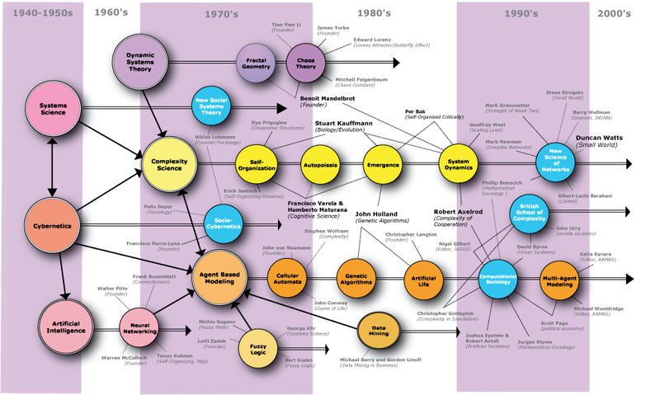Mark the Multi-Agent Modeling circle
pos(563,280)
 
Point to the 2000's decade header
pos(614,13)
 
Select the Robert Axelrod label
pos(459,212)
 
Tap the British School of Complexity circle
pos(533,213)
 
